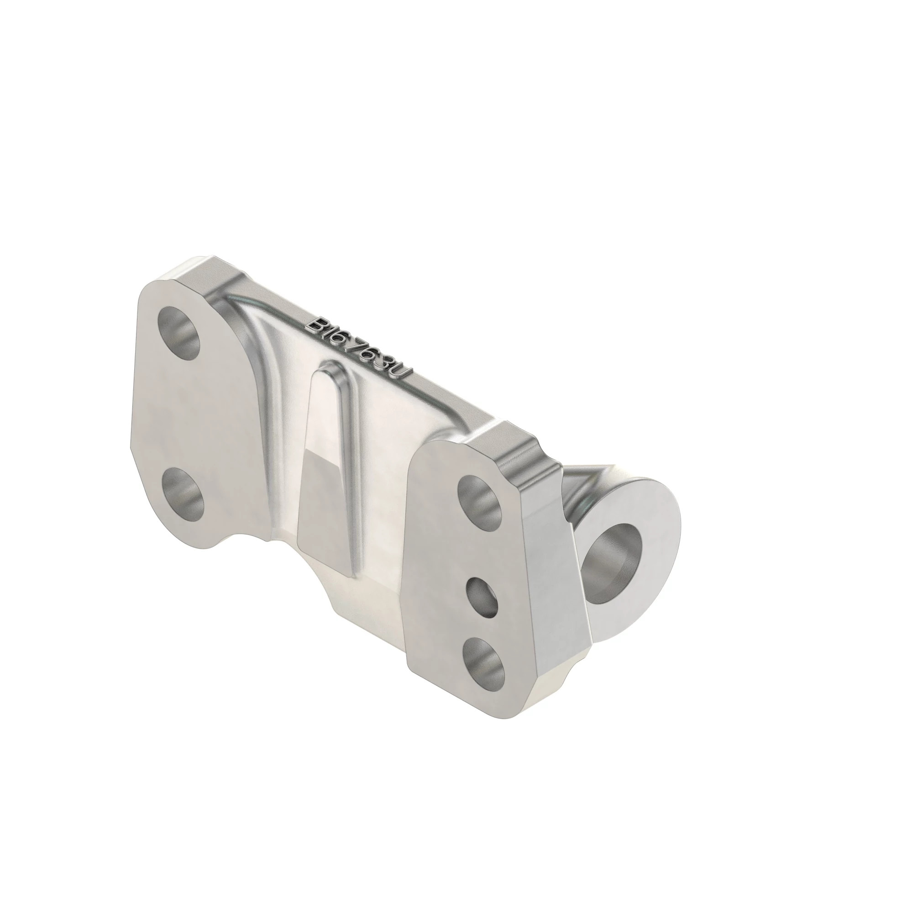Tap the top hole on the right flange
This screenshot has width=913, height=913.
click(x=480, y=499)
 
